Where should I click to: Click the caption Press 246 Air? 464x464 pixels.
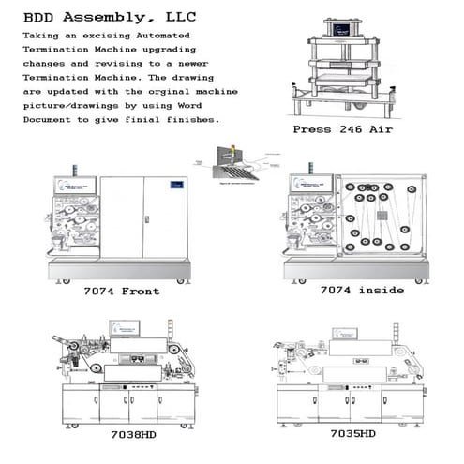click(x=342, y=129)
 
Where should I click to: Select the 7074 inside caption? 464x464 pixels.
click(x=362, y=291)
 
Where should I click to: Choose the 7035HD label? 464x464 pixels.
click(x=352, y=435)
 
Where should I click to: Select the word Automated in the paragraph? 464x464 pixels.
click(x=188, y=35)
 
